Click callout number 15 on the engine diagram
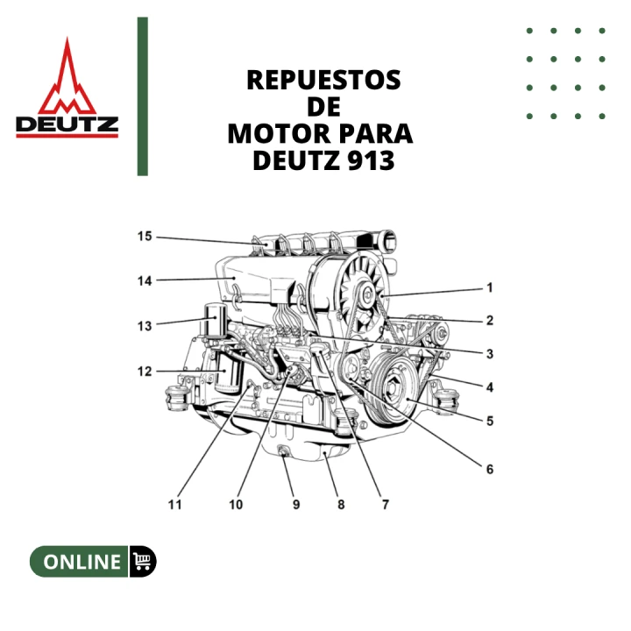(145, 237)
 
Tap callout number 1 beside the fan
(489, 287)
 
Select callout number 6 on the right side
(490, 469)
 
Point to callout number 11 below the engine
(174, 505)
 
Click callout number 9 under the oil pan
(296, 505)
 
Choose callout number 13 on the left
(145, 325)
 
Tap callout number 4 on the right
(490, 387)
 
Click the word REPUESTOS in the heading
(323, 80)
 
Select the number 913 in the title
(371, 160)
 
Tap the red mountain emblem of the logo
(67, 78)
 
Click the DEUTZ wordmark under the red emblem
(67, 124)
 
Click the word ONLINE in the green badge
(82, 562)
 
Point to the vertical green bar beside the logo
(143, 96)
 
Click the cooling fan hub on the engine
(368, 295)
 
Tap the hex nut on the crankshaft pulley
(392, 388)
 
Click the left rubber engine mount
(176, 398)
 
